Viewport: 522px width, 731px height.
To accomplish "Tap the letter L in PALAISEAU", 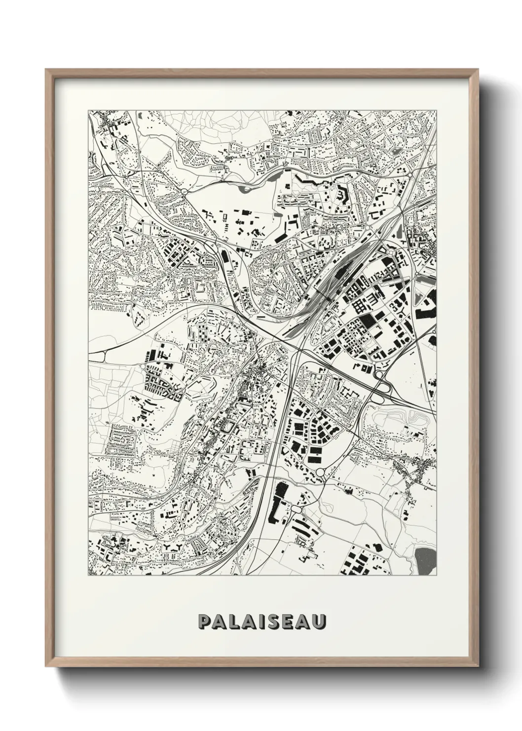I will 235,622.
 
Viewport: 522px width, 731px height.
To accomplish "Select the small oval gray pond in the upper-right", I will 396,151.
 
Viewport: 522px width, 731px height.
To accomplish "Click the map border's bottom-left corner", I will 88,576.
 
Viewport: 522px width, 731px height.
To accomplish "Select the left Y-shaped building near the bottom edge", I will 174,546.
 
